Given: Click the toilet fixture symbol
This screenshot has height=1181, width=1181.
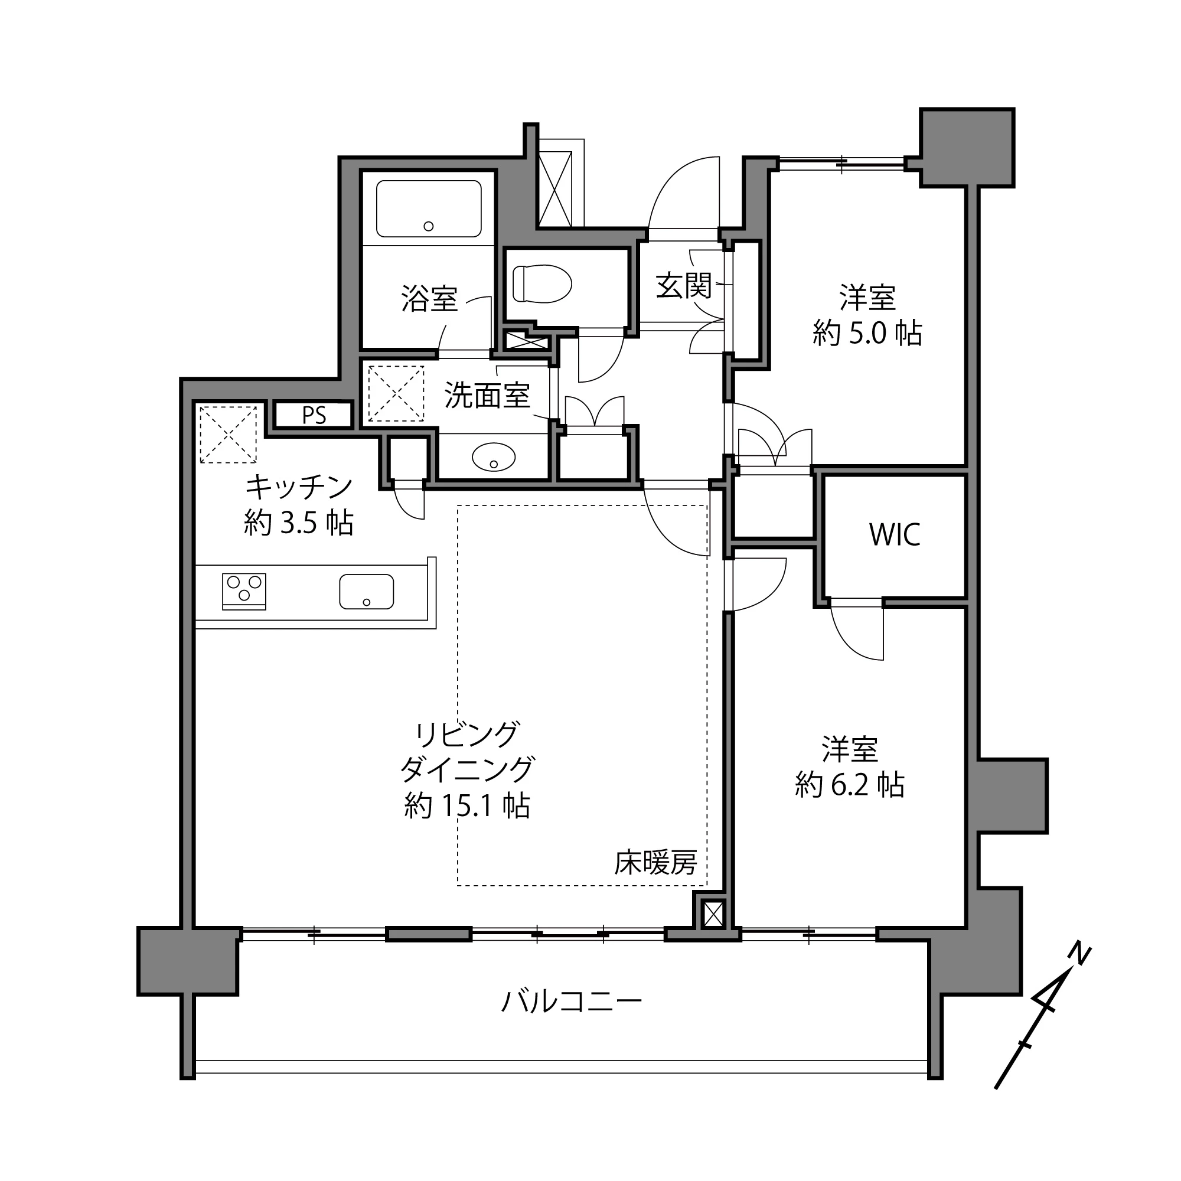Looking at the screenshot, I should click(x=541, y=283).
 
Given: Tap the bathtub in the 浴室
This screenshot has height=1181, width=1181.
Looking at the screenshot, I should click(x=429, y=208).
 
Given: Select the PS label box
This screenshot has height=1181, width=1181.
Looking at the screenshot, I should click(x=314, y=415).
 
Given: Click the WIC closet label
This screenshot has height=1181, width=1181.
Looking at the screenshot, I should click(x=894, y=535).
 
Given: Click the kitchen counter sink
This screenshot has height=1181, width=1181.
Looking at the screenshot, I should click(x=366, y=591).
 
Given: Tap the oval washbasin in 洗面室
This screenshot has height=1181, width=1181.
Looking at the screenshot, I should click(x=494, y=457).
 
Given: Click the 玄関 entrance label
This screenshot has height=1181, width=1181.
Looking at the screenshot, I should click(x=683, y=285).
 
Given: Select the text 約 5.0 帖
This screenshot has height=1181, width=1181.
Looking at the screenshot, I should click(x=867, y=334).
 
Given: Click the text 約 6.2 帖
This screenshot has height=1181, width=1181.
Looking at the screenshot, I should click(x=850, y=784).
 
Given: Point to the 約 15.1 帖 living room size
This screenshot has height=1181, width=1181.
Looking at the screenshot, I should click(x=467, y=805).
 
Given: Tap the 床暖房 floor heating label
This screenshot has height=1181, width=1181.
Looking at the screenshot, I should click(x=655, y=863).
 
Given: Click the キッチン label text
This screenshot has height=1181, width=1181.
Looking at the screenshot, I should click(x=299, y=487).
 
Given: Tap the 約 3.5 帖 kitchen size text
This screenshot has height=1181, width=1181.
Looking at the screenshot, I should click(x=299, y=523).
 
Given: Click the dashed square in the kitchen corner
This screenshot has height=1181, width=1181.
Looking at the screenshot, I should click(x=228, y=435).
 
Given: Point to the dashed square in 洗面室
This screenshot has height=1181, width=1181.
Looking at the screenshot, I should click(x=396, y=394).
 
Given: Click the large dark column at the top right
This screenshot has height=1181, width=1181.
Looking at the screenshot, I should click(x=967, y=147).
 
